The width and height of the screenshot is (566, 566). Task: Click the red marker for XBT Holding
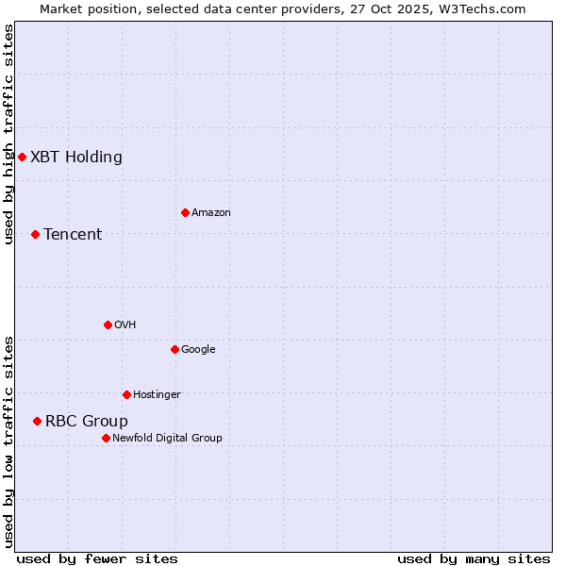pos(22,157)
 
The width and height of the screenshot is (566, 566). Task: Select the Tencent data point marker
pos(35,234)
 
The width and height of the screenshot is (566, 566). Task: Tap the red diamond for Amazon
pos(185,212)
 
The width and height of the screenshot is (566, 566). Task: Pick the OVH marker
pos(108,325)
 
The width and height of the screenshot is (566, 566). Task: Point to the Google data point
pos(175,349)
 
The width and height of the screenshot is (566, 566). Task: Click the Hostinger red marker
pos(126,394)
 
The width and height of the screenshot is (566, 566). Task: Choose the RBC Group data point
pos(37,421)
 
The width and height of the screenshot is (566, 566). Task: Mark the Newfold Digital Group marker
pos(106,438)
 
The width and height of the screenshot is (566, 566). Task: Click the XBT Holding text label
pos(76,157)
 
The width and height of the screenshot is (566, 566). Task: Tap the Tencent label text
pos(73,234)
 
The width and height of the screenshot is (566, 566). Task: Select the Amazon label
pos(211,212)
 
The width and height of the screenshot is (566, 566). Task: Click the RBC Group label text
pos(87,421)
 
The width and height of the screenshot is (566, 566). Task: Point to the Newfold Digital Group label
pos(168,438)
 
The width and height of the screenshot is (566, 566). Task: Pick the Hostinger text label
pos(157,394)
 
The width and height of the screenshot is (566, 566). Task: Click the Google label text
pos(198,349)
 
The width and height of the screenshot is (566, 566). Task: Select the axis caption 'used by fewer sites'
pos(97,558)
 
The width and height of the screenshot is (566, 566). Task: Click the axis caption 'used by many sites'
pos(474,558)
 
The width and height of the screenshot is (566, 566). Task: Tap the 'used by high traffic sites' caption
pos(8,134)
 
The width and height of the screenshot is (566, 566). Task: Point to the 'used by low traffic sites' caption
pos(8,441)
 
